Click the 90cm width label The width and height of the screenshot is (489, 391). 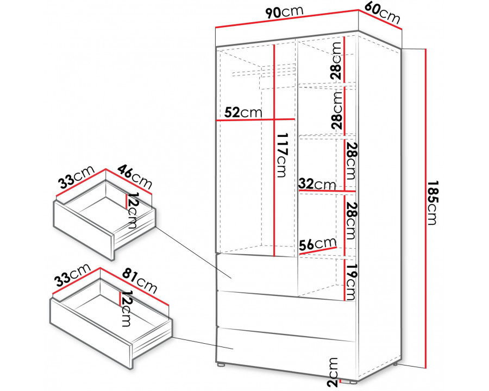(x=284, y=11)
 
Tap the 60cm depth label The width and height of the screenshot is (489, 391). (x=383, y=12)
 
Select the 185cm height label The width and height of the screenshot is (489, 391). (x=432, y=203)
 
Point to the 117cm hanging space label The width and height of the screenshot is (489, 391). (x=282, y=155)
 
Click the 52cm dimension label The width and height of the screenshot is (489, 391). (x=243, y=112)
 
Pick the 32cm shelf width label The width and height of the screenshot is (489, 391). (x=317, y=184)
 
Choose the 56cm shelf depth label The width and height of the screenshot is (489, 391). (x=318, y=244)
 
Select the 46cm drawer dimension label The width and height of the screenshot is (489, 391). (x=135, y=176)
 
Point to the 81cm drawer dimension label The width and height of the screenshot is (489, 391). (x=140, y=281)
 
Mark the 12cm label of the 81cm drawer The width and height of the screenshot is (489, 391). (x=126, y=308)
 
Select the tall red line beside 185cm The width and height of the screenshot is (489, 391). (x=425, y=209)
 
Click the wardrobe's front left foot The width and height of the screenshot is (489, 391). (x=221, y=364)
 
